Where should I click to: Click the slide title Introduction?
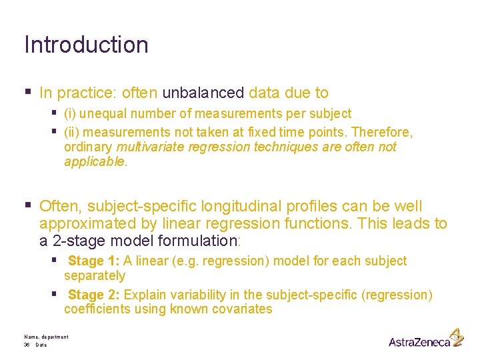coord(87,45)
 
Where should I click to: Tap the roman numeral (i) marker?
coord(71,114)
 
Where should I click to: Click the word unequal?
coord(101,114)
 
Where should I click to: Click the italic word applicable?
coord(94,162)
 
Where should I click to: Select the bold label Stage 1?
coord(95,261)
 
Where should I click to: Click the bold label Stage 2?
coord(95,295)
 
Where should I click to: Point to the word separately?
coord(95,275)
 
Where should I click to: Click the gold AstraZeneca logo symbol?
coord(457,337)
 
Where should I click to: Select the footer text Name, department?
coord(46,337)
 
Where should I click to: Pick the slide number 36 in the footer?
coord(27,345)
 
